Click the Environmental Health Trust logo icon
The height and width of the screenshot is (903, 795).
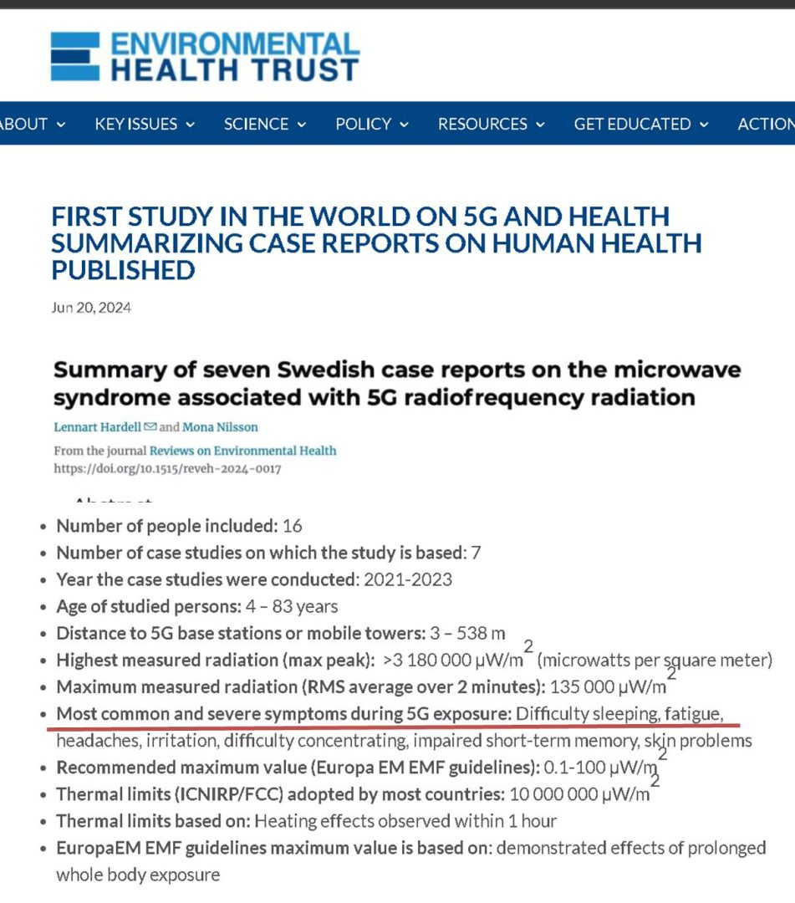[x=75, y=57]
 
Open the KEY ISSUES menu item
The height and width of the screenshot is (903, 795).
[x=145, y=125]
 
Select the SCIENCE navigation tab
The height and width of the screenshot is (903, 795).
[x=264, y=125]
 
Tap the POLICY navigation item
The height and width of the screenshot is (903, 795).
[x=372, y=125]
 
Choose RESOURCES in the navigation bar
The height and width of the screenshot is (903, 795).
[x=491, y=125]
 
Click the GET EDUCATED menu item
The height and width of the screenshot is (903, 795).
[x=640, y=125]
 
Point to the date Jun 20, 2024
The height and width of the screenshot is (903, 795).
[x=91, y=308]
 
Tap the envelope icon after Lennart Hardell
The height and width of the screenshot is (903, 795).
[x=150, y=427]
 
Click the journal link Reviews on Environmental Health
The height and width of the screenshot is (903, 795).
[x=243, y=451]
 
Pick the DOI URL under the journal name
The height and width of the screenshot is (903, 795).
[x=167, y=469]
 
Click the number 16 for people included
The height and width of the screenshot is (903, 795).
[x=293, y=527]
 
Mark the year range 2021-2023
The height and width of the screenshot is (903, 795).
[x=406, y=579]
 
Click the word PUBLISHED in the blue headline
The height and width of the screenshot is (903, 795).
[x=123, y=270]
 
